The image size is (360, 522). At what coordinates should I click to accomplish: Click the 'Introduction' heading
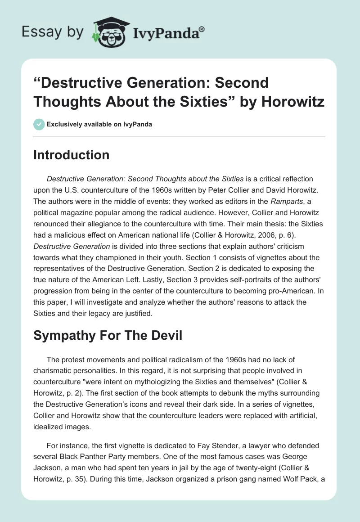pos(72,155)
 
